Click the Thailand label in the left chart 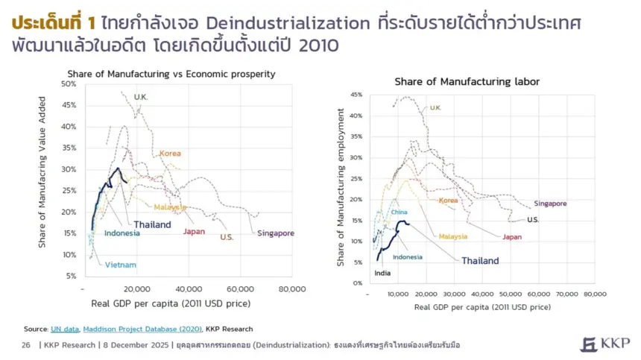pyautogui.click(x=152, y=224)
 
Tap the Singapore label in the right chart pyautogui.click(x=550, y=203)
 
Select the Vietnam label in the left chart pyautogui.click(x=120, y=265)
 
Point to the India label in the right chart pyautogui.click(x=382, y=273)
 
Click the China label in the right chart pyautogui.click(x=400, y=212)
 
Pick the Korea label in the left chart pyautogui.click(x=169, y=154)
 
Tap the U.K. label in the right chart pyautogui.click(x=435, y=108)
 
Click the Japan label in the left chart pyautogui.click(x=194, y=231)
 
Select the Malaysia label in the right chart pyautogui.click(x=452, y=236)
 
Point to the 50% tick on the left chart pyautogui.click(x=69, y=84)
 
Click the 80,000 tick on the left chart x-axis pyautogui.click(x=291, y=289)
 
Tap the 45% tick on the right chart pyautogui.click(x=355, y=95)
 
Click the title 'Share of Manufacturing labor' pyautogui.click(x=467, y=81)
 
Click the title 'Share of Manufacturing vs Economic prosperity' pyautogui.click(x=171, y=74)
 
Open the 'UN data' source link pyautogui.click(x=65, y=329)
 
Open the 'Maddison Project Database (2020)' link pyautogui.click(x=142, y=329)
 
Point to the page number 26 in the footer pyautogui.click(x=26, y=345)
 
